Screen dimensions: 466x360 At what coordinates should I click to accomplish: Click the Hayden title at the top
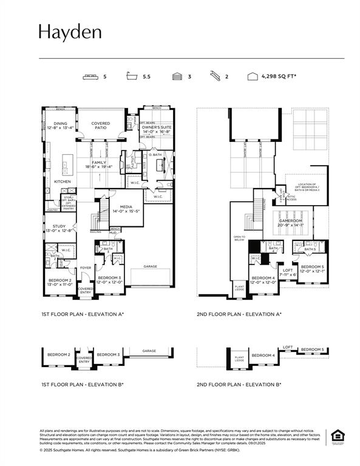[70, 32]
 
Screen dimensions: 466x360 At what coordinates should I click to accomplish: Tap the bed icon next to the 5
[90, 77]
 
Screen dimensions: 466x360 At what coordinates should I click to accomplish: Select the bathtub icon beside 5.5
[131, 77]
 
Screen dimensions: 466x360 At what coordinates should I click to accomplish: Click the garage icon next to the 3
[177, 77]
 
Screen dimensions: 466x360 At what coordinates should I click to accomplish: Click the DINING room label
[60, 123]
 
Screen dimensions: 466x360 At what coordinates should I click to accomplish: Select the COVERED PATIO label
[101, 125]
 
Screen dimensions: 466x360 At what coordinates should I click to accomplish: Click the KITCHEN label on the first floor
[63, 181]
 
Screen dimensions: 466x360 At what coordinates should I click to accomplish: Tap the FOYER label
[85, 267]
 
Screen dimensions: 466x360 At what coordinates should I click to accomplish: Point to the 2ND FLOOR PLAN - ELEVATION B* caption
[239, 385]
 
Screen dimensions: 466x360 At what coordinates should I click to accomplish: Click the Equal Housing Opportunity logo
[336, 436]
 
